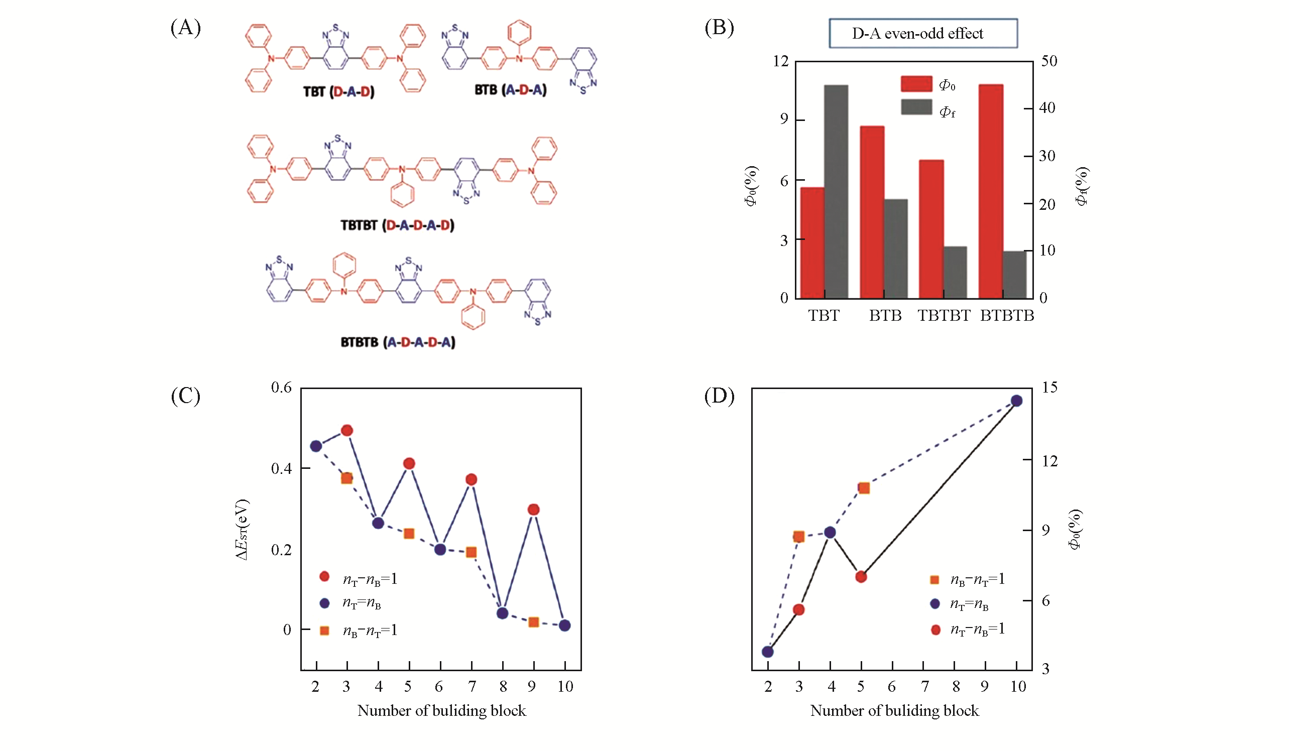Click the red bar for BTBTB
[x=990, y=192]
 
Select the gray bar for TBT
[x=836, y=192]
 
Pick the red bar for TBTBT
[x=930, y=229]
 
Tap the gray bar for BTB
[x=896, y=248]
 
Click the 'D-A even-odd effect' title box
[x=923, y=34]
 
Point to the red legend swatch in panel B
[x=916, y=84]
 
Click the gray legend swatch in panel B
[x=916, y=107]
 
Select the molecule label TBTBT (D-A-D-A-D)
[x=397, y=225]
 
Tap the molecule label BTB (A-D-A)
[x=511, y=90]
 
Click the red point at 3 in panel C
[x=347, y=430]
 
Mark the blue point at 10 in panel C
[x=564, y=625]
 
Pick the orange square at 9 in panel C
[x=533, y=622]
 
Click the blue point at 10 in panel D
[x=1016, y=401]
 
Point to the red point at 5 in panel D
[x=861, y=577]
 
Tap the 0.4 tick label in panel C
[x=281, y=468]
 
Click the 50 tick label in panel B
[x=1049, y=61]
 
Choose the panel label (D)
[x=719, y=396]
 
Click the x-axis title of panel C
[x=441, y=711]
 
